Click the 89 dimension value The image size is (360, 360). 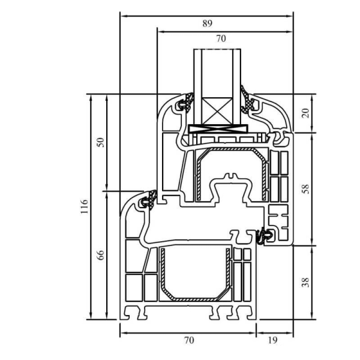click(207, 24)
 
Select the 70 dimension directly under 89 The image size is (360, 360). click(221, 38)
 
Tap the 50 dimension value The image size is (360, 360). click(101, 142)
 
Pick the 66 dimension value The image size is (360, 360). click(101, 254)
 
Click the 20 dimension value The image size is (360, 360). click(305, 113)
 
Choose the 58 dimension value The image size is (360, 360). click(305, 188)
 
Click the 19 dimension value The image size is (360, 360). click(273, 340)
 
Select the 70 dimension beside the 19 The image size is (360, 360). click(188, 340)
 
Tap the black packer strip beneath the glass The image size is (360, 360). click(218, 129)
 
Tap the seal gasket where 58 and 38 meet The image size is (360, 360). click(263, 236)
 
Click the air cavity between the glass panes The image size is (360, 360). click(218, 72)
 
